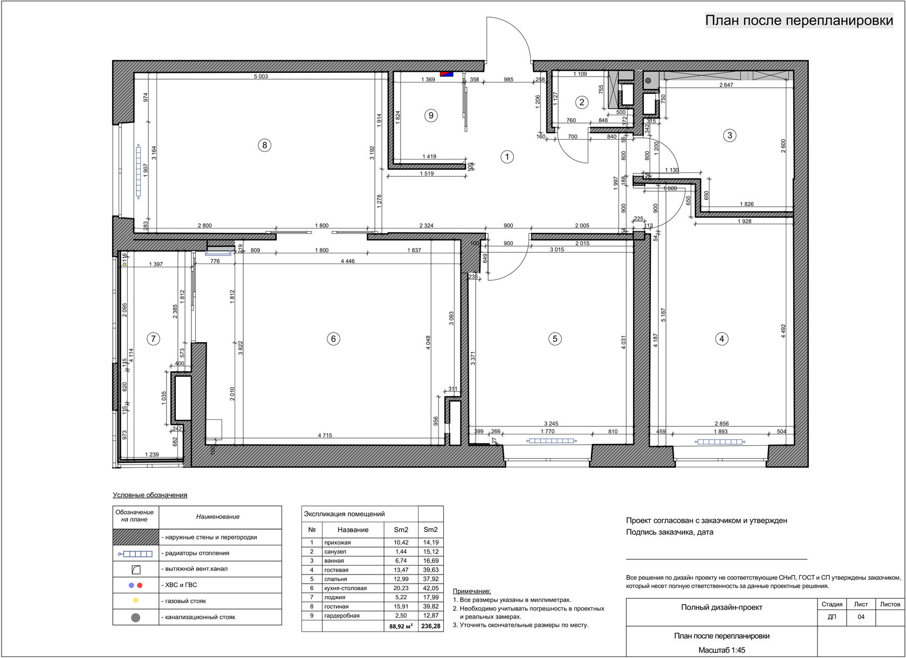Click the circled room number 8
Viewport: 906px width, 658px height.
[264, 145]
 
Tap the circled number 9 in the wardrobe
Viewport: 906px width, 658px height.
[431, 115]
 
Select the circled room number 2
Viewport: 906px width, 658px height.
[581, 102]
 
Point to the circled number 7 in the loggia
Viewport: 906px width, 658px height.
[153, 338]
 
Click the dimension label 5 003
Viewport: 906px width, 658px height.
[261, 77]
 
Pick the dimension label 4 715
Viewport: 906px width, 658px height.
[325, 435]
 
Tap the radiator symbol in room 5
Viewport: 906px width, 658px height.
[551, 441]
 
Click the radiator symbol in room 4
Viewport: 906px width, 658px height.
[720, 442]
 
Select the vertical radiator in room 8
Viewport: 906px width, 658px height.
[138, 171]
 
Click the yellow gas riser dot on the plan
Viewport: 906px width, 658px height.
[125, 264]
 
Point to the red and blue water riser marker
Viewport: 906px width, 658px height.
[447, 74]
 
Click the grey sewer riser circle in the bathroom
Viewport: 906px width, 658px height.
[648, 80]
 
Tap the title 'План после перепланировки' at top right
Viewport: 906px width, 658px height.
[799, 20]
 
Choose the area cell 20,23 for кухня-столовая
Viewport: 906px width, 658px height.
[401, 588]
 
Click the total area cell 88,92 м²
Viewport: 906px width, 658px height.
[401, 626]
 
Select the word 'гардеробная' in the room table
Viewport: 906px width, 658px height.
[342, 615]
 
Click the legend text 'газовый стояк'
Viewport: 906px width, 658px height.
[186, 601]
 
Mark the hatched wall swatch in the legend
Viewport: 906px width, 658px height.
[135, 537]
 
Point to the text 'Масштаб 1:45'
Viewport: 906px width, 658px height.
[722, 650]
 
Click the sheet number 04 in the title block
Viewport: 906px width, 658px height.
[861, 617]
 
